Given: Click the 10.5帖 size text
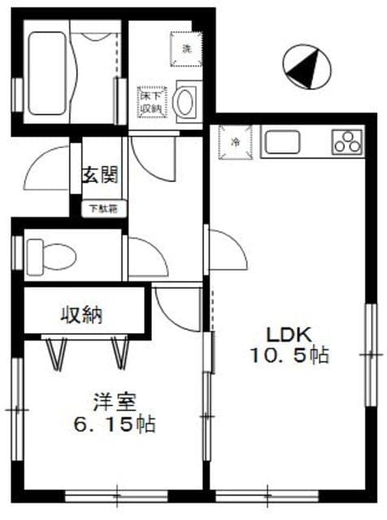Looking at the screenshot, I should click(x=289, y=356).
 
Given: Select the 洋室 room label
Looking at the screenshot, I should click(x=113, y=401).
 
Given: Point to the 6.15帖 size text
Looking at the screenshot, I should click(x=114, y=423).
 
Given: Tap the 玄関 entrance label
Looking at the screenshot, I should click(x=101, y=175).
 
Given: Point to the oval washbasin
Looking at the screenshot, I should click(x=186, y=103).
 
